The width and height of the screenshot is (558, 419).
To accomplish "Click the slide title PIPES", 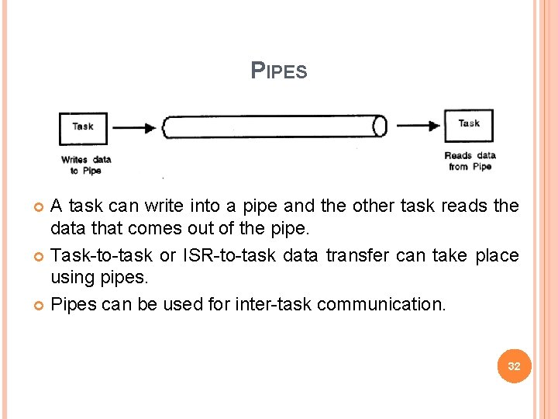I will [x=279, y=71].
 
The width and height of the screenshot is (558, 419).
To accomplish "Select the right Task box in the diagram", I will [x=468, y=124].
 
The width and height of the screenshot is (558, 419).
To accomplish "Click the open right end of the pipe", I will [x=380, y=126].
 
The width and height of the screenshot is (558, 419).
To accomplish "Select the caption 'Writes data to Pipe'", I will [x=85, y=164].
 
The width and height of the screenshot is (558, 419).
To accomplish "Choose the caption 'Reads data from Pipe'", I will [x=470, y=161].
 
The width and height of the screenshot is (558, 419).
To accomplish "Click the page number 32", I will [x=513, y=365].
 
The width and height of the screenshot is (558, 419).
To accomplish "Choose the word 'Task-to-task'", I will [x=102, y=256].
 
